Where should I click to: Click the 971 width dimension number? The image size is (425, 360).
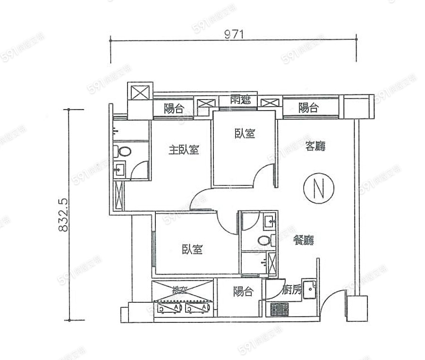(x=234, y=34)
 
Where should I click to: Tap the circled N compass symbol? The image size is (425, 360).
(x=319, y=188)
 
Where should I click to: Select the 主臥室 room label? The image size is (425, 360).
(x=184, y=150)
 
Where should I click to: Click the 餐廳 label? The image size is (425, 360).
(x=303, y=240)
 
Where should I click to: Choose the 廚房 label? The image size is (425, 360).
(x=291, y=291)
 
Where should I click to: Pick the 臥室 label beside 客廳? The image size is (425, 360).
(x=245, y=134)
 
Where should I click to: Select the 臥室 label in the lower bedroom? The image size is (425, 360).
(x=192, y=250)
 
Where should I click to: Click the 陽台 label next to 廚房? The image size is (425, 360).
(x=243, y=292)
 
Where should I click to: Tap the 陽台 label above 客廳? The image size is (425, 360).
(x=308, y=108)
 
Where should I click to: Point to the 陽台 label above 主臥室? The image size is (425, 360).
(x=174, y=108)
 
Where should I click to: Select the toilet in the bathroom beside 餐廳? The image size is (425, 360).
(x=264, y=241)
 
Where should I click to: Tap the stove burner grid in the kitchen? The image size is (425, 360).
(x=280, y=310)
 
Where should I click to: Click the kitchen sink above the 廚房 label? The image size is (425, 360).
(x=309, y=287)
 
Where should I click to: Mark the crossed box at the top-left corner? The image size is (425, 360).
(x=140, y=92)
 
